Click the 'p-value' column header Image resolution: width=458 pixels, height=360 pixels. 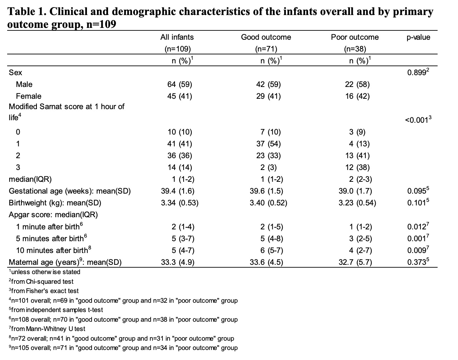click(418, 37)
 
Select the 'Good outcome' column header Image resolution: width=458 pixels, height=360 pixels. click(266, 37)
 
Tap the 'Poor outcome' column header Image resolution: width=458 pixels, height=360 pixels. click(355, 37)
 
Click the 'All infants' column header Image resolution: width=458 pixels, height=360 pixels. click(177, 37)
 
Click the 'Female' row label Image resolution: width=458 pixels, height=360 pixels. click(29, 96)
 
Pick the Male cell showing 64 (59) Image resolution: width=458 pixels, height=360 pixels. click(180, 84)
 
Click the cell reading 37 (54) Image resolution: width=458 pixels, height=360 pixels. click(268, 144)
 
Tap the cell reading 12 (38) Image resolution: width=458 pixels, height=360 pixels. click(357, 167)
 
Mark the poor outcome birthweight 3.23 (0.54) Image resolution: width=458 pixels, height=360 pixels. click(357, 203)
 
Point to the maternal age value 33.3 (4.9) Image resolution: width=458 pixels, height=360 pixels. click(178, 262)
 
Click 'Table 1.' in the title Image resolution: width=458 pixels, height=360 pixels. click(27, 11)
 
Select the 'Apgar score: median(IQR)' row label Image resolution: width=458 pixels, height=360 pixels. click(53, 215)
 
